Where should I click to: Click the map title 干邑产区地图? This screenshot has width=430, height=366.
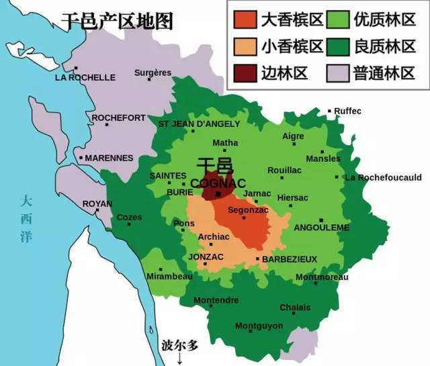[x=117, y=21]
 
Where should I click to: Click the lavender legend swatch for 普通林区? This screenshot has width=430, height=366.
[x=337, y=73]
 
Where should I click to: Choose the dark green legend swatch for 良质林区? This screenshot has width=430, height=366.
[x=337, y=46]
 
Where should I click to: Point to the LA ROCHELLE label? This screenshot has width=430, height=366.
[x=85, y=77]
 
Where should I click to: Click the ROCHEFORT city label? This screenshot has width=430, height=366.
[x=118, y=118]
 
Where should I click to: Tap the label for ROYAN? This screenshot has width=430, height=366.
[x=97, y=203]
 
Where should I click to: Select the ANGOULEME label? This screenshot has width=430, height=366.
[x=322, y=228]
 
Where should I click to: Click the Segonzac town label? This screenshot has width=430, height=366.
[x=248, y=210]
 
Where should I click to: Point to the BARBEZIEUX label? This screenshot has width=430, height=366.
[x=289, y=259]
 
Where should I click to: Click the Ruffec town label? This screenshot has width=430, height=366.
[x=347, y=111]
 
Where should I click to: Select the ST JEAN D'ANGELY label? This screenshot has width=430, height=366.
[x=198, y=124]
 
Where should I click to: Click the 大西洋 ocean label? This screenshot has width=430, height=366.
[x=26, y=218]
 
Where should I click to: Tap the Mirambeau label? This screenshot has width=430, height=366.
[x=169, y=276]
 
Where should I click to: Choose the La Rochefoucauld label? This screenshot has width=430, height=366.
[x=383, y=178]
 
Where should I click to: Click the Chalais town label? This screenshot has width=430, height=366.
[x=296, y=308]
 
